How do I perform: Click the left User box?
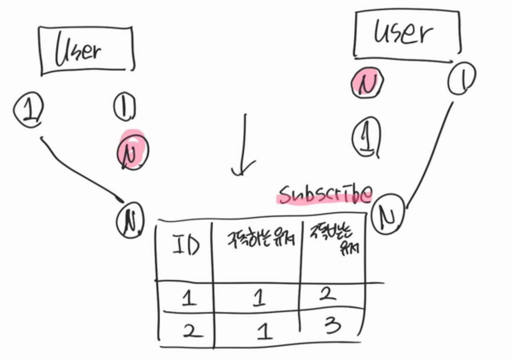pos(87,51)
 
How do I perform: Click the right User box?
pos(407,33)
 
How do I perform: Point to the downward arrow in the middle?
pos(244,147)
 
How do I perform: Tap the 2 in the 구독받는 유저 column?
pos(327,294)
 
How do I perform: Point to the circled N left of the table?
pos(130,219)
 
